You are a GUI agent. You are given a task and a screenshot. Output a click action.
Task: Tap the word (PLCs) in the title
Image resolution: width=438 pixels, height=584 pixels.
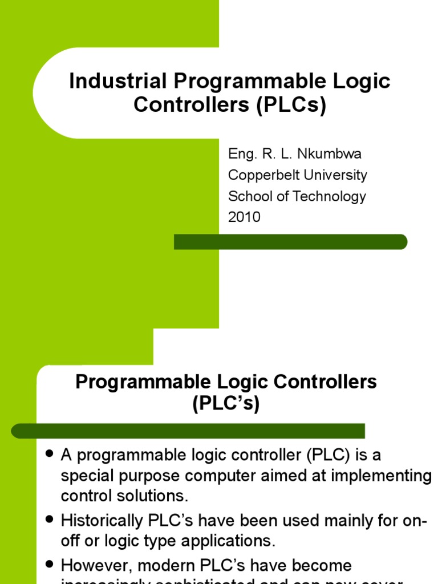click(x=291, y=106)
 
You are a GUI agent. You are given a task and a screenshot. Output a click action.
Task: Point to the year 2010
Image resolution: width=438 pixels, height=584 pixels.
click(x=244, y=217)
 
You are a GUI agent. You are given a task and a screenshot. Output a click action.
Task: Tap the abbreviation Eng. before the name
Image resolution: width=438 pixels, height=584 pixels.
click(x=240, y=155)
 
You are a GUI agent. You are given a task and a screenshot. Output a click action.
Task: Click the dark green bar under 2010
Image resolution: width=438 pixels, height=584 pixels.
click(x=290, y=242)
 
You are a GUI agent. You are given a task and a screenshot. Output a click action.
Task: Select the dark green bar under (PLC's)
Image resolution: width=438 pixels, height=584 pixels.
click(x=188, y=431)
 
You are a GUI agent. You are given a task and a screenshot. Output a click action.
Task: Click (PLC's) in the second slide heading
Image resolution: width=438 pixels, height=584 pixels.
click(x=226, y=404)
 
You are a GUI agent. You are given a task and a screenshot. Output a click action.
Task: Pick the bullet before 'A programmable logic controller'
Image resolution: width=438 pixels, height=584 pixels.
click(x=49, y=454)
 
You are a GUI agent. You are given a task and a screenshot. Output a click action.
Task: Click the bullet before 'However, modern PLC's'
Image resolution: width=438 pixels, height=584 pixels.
click(x=49, y=563)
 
